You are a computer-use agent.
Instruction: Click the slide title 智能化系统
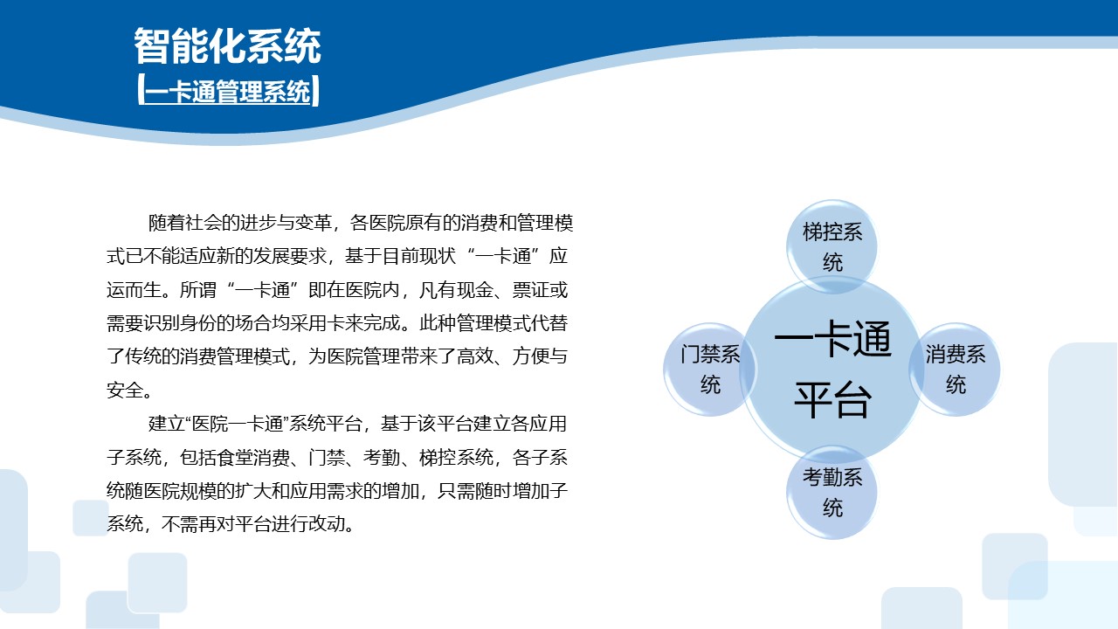(x=227, y=46)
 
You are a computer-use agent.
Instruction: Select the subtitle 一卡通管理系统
(x=228, y=92)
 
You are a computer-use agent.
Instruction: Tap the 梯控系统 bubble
(x=832, y=246)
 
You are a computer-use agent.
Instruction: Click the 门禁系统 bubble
(x=710, y=369)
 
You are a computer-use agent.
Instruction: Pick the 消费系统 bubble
(x=956, y=369)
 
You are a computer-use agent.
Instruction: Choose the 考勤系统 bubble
(x=832, y=492)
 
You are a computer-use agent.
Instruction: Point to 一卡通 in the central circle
(x=832, y=342)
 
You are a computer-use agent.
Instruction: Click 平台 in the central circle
(x=832, y=401)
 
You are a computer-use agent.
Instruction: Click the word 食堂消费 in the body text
(x=244, y=458)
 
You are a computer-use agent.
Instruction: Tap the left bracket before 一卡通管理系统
(x=141, y=92)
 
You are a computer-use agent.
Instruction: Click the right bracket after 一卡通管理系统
(x=315, y=92)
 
